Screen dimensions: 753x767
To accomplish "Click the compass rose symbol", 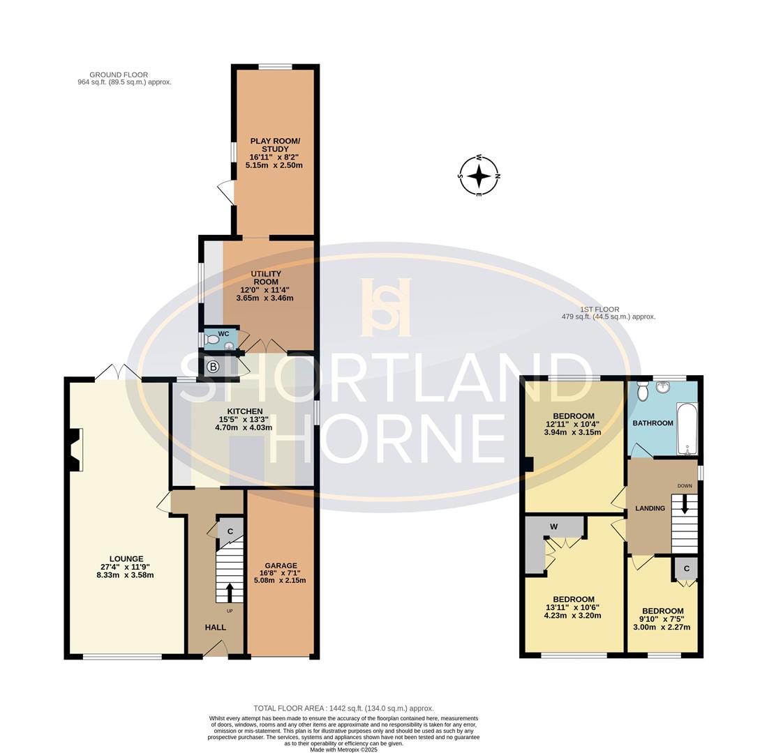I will (479, 176).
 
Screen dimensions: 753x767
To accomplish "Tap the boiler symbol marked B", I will (213, 367).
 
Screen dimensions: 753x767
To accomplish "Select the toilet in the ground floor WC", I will (211, 340).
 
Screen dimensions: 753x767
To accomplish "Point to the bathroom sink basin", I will (662, 387).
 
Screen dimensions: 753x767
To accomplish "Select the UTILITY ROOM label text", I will (266, 277).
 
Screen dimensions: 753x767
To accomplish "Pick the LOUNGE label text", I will (126, 558).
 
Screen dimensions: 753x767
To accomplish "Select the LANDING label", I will (650, 508).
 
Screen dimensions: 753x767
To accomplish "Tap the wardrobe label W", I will (554, 526).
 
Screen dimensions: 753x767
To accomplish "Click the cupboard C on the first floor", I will (686, 569).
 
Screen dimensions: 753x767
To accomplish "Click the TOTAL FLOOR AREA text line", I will (343, 708).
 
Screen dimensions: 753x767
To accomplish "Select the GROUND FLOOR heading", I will (119, 75).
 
